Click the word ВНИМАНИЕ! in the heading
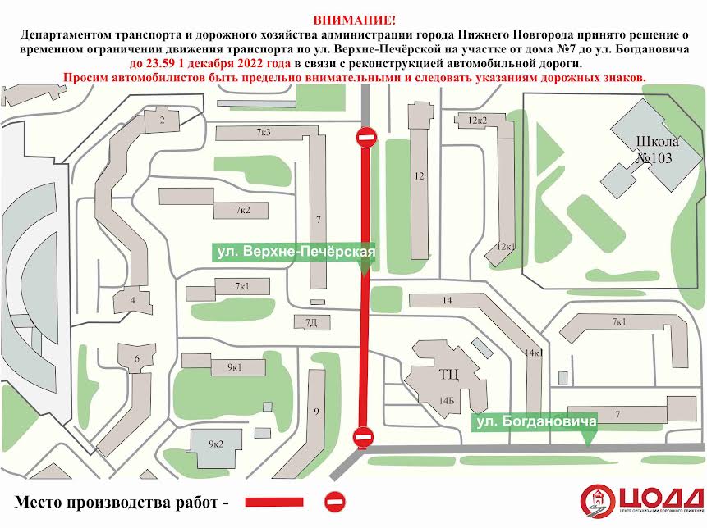tap(354, 20)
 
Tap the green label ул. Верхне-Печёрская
tap(295, 252)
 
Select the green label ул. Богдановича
tap(535, 421)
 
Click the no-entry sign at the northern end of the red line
tap(366, 137)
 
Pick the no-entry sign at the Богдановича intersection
tap(363, 436)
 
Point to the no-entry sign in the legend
tap(335, 501)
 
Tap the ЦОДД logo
tap(641, 501)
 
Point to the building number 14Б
tap(446, 401)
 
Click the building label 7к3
tap(264, 132)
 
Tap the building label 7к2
tap(242, 211)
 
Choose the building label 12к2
tap(477, 121)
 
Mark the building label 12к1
tap(505, 246)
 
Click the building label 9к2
tap(216, 444)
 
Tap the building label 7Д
tap(311, 322)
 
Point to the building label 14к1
tap(534, 353)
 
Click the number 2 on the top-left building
tap(162, 121)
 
